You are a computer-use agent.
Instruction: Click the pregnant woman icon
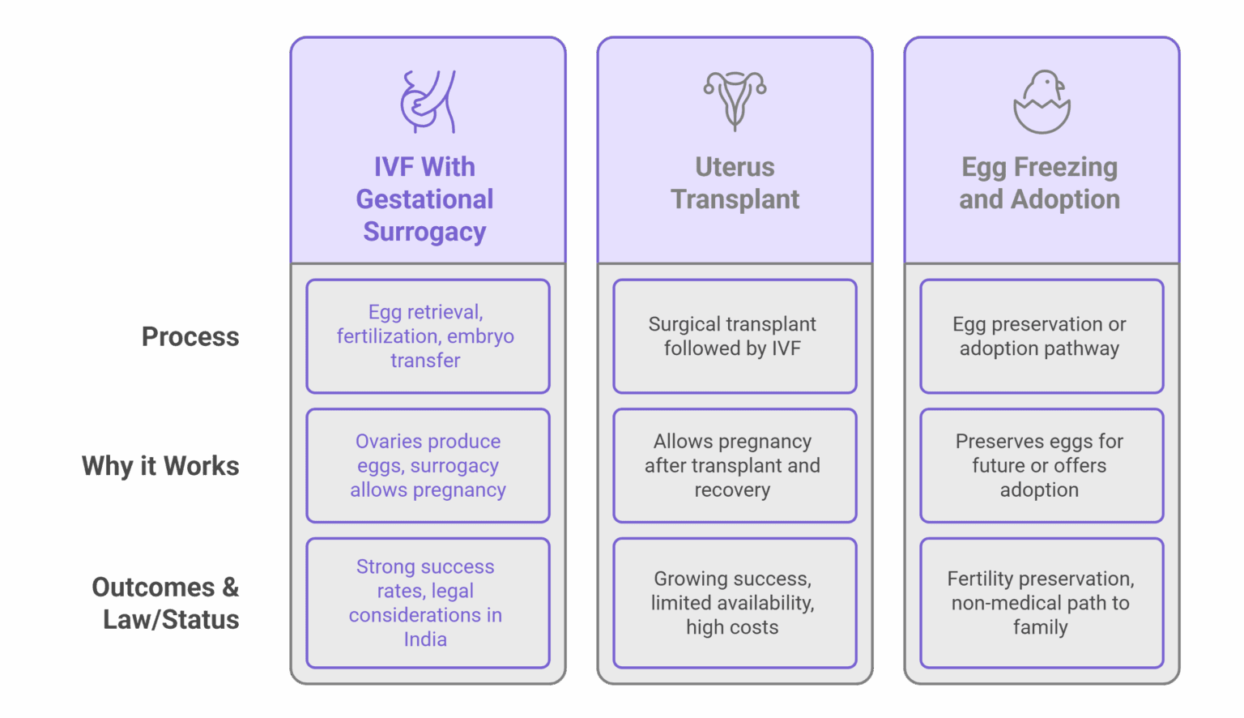tap(428, 101)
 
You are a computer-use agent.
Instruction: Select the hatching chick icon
tap(1042, 101)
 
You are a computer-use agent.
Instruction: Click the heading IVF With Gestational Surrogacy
tap(424, 199)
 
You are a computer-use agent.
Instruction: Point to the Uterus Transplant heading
tap(735, 183)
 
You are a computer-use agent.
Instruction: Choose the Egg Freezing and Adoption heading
tap(1040, 183)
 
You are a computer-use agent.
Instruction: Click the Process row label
tap(190, 336)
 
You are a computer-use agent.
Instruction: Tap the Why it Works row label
tap(160, 466)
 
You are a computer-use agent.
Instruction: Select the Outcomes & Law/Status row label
tap(166, 603)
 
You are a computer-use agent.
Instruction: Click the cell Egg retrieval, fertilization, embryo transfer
tap(427, 336)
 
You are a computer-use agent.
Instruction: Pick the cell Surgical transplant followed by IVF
tap(734, 336)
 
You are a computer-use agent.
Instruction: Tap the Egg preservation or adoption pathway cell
tap(1041, 336)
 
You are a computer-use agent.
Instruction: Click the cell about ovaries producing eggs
tap(427, 466)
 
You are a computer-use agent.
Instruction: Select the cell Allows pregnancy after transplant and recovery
tap(734, 466)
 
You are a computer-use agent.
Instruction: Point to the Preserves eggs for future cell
tap(1041, 466)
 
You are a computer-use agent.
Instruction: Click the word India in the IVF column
tap(425, 639)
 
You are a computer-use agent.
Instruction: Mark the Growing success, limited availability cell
tap(734, 603)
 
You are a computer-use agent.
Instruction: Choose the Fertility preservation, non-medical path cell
tap(1041, 603)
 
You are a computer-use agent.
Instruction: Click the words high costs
tap(732, 627)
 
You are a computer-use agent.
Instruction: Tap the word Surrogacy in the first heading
tap(424, 232)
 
